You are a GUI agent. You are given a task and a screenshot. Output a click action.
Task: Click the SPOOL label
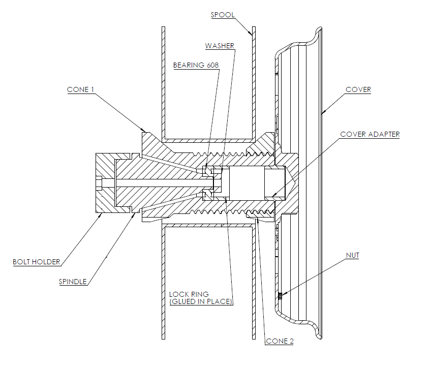[223, 15]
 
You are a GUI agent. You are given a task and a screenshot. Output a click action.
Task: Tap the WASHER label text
[220, 46]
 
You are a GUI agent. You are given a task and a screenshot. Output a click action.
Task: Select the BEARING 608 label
[196, 65]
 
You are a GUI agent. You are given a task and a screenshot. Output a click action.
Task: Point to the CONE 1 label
[80, 89]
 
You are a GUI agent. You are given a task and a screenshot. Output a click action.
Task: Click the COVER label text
[358, 89]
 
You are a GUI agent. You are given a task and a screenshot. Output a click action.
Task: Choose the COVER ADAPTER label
[370, 134]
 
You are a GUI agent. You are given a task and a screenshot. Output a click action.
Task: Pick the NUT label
[353, 256]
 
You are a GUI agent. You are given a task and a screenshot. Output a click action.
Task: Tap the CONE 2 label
[280, 341]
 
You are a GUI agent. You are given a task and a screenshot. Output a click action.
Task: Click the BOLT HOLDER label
[36, 262]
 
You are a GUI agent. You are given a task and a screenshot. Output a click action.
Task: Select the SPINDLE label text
[73, 282]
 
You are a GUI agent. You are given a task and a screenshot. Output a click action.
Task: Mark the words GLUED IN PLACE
[201, 301]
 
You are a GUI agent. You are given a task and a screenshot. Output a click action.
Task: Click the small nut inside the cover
[280, 296]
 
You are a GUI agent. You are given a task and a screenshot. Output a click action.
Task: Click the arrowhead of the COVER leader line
[323, 112]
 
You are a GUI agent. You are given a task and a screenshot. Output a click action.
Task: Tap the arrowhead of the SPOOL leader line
[251, 34]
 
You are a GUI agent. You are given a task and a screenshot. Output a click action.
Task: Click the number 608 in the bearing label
[212, 65]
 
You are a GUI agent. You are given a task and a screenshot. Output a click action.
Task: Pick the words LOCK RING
[189, 294]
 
